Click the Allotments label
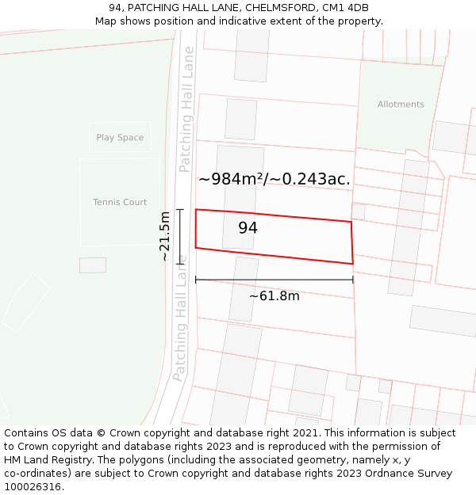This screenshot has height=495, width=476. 401,105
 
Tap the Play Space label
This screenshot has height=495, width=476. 120,138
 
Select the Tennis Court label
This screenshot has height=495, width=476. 120,203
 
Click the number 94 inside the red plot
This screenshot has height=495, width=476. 248,228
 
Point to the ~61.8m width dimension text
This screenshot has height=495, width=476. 274,296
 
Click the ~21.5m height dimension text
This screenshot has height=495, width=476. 164,236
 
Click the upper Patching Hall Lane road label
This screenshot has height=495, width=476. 186,109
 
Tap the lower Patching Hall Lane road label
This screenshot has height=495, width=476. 181,317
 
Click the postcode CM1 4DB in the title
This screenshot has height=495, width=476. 346,8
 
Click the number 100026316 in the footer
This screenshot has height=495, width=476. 33,487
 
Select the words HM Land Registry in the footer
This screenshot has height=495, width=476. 44,460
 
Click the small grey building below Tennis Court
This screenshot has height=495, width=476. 93,265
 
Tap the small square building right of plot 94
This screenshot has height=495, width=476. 359,211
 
